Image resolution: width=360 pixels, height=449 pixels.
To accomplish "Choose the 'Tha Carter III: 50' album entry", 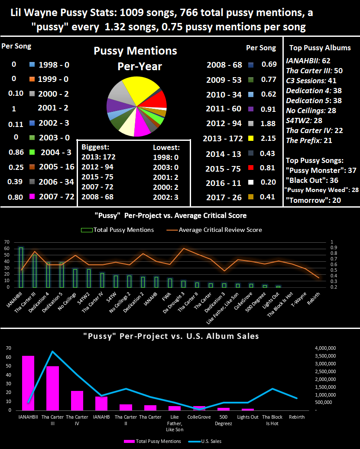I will [x=314, y=71].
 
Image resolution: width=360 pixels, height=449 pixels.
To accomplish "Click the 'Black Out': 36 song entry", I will [x=312, y=180].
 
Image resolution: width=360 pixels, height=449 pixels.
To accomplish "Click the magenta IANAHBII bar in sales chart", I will [x=28, y=383].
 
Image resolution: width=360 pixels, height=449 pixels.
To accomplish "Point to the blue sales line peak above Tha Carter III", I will [x=52, y=351].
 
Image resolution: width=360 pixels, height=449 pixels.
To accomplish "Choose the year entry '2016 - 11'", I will [x=224, y=183].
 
